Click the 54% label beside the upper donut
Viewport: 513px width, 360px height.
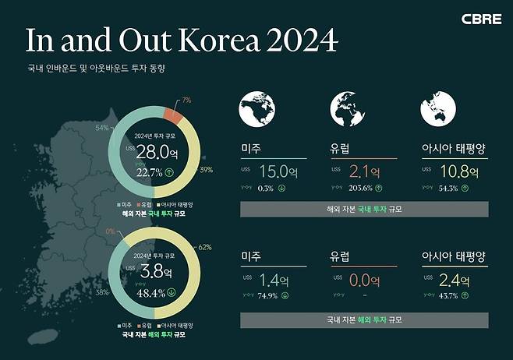(101, 126)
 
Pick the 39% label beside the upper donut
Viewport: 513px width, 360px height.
(207, 169)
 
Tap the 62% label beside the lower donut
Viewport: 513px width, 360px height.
(206, 247)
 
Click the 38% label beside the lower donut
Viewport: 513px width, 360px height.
(101, 294)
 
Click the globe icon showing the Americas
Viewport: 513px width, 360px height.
(258, 108)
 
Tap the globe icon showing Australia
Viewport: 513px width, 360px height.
(437, 108)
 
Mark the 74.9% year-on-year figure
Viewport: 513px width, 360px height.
(269, 296)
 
